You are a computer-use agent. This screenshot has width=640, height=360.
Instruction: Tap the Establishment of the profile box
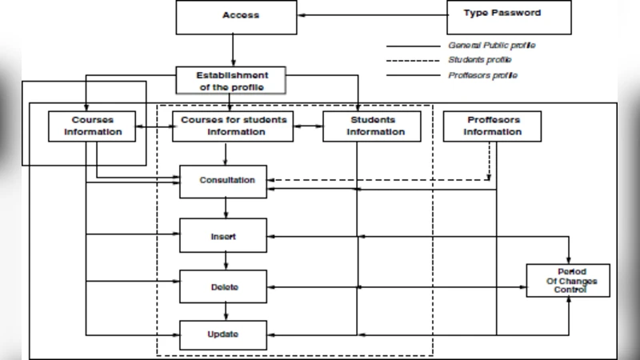click(x=232, y=81)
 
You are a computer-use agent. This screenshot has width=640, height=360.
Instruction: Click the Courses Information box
click(x=94, y=126)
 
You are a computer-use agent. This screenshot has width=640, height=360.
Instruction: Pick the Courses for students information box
click(x=232, y=126)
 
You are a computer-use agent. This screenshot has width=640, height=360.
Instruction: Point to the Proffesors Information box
click(x=492, y=126)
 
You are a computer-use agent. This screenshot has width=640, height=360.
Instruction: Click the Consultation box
click(x=226, y=181)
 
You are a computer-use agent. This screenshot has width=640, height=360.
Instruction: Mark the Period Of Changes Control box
click(x=568, y=281)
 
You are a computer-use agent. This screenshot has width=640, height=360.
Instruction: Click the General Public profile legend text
click(x=491, y=46)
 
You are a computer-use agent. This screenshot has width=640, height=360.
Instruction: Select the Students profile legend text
click(x=480, y=60)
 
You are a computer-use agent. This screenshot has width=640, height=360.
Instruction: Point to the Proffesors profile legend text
click(x=482, y=75)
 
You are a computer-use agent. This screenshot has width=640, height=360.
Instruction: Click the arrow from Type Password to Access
click(x=372, y=15)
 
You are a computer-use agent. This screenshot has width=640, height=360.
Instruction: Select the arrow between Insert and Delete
click(x=226, y=261)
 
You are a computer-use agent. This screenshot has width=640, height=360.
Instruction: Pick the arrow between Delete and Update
click(x=226, y=311)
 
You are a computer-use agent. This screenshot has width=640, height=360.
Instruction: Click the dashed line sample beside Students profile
click(x=413, y=61)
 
